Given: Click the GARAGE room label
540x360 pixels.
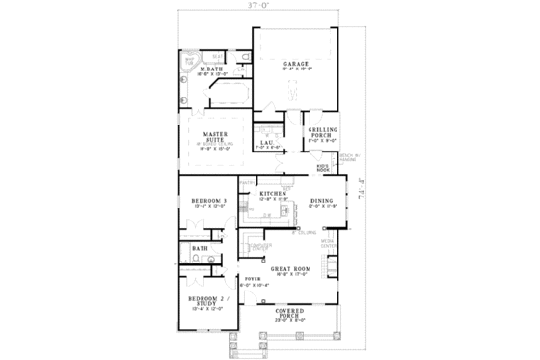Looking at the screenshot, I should pos(295,63).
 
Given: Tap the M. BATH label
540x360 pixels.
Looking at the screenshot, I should pos(212,70).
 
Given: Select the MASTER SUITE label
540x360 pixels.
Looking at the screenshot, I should pos(214,138).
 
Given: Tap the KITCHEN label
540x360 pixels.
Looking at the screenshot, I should pos(273,193).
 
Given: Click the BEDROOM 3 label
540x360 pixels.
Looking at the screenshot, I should pos(208,201).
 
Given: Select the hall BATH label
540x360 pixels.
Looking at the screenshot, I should pos(200,249).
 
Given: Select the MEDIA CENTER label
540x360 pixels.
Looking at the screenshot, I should pos(329,244).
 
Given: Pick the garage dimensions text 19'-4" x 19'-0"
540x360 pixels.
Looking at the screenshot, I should pos(295,69).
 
